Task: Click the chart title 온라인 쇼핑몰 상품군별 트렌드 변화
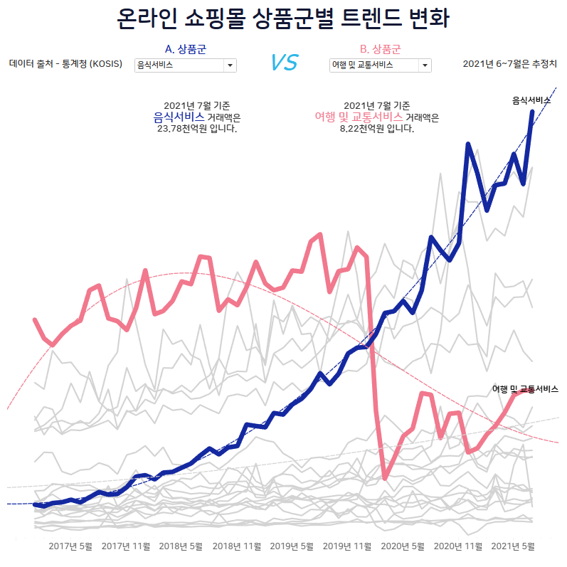click(283, 19)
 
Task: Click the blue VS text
click(284, 63)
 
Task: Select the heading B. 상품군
click(380, 49)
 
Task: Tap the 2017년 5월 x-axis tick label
click(70, 546)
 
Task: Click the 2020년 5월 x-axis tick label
click(403, 546)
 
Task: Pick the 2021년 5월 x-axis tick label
click(513, 546)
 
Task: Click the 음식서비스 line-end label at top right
click(531, 101)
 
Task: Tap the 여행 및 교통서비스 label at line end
click(525, 389)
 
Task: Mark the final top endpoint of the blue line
click(533, 112)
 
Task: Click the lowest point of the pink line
click(385, 478)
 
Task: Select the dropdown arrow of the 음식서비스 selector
click(230, 65)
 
